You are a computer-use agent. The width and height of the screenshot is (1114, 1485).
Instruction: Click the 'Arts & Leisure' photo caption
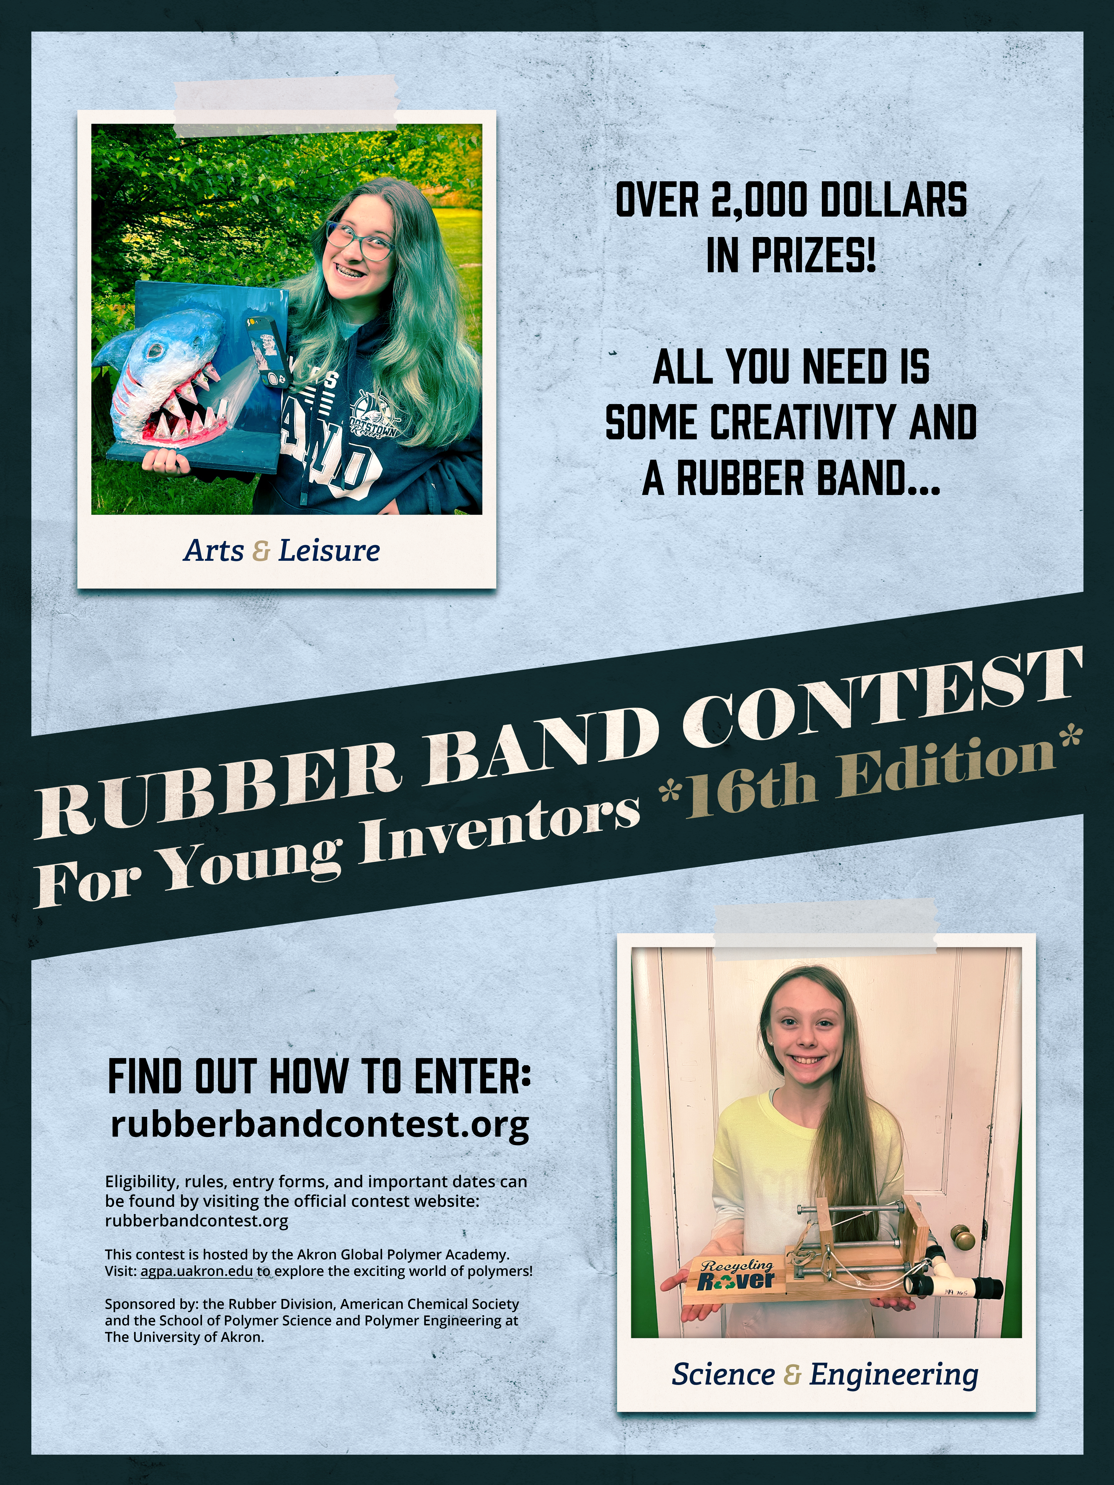point(282,550)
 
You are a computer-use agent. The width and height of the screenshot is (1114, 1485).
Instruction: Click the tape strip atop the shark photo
point(285,106)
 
